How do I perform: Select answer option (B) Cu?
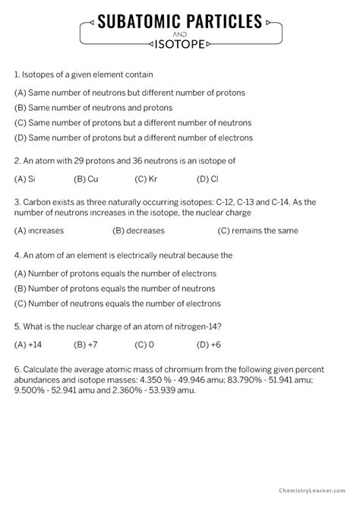point(86,179)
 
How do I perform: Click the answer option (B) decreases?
point(141,231)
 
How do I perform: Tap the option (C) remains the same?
point(257,231)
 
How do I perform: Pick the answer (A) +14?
point(27,343)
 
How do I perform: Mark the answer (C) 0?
point(144,343)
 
